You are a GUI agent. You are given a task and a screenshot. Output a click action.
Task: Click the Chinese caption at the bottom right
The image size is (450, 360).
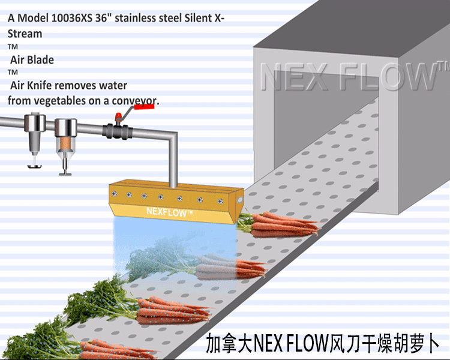[323, 344]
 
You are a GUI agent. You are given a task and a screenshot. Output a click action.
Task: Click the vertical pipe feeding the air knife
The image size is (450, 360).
[173, 162]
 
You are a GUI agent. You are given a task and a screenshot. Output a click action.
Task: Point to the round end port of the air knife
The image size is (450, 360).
[239, 196]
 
